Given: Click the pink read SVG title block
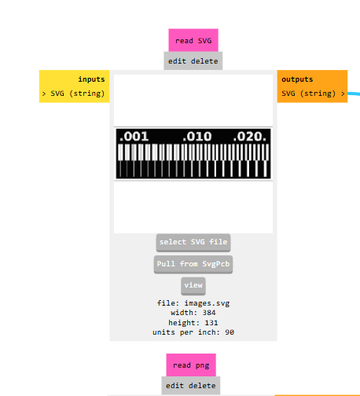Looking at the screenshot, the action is [x=193, y=40].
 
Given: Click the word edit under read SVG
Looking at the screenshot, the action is [x=177, y=61].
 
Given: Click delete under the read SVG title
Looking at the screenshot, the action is [x=204, y=61].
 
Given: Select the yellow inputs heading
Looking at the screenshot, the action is [x=91, y=79].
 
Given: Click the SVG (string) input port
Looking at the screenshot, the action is [x=75, y=93].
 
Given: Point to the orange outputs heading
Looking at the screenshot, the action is [x=297, y=79].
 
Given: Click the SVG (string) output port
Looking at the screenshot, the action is [x=313, y=93].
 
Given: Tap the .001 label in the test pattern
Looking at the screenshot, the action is [x=134, y=137].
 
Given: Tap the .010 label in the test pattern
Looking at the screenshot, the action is [x=197, y=137].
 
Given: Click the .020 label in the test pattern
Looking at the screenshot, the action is [x=249, y=137].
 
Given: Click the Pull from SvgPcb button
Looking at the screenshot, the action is [x=193, y=264].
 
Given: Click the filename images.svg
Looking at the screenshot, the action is [x=207, y=303].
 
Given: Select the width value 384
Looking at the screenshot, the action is [x=209, y=313].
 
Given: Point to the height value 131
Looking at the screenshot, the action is [x=211, y=323].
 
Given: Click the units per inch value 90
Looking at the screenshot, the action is [x=230, y=332].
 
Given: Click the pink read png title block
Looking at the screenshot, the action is [x=191, y=365].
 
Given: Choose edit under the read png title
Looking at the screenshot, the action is [x=174, y=386].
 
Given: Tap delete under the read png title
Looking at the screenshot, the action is [x=202, y=386].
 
